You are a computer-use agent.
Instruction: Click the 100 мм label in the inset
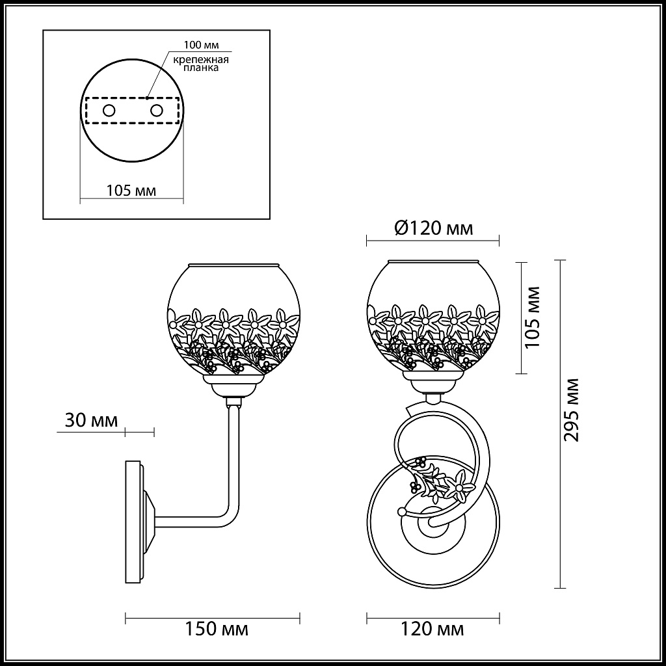(x=202, y=45)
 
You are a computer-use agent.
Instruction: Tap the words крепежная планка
(x=201, y=63)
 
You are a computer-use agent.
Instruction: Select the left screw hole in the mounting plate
(x=109, y=111)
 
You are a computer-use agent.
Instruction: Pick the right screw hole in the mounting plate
(x=157, y=111)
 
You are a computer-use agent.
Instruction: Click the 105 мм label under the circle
(x=131, y=191)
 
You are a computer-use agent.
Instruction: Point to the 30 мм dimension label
(x=91, y=420)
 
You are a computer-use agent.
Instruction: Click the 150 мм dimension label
(x=217, y=629)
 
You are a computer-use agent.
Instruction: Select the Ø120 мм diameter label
(x=434, y=228)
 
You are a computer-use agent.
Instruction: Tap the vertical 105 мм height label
(x=533, y=317)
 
